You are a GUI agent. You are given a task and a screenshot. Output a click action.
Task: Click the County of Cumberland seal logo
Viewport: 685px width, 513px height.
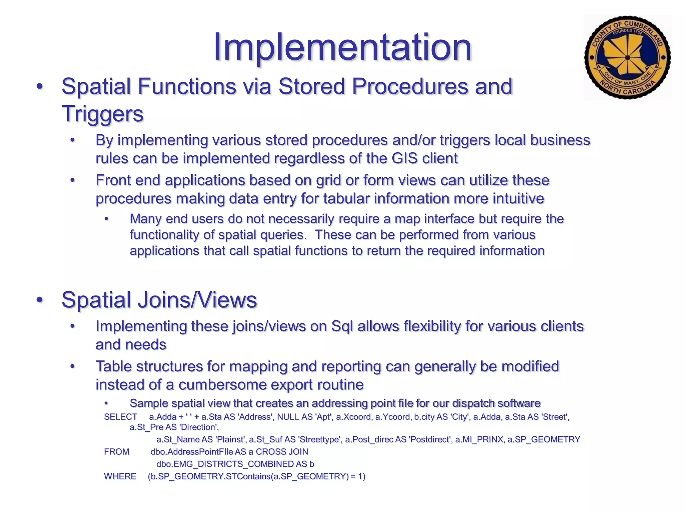(x=627, y=57)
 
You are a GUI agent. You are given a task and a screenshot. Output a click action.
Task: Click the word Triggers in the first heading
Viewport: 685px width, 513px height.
(x=102, y=114)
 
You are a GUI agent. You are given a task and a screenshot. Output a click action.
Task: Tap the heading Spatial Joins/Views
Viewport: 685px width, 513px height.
(x=159, y=300)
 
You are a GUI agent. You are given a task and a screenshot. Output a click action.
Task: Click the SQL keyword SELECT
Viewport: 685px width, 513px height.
(x=120, y=417)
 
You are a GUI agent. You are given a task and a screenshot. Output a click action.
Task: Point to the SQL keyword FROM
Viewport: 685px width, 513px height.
(x=116, y=452)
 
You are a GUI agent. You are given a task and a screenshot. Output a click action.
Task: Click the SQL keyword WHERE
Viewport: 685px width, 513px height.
(x=120, y=476)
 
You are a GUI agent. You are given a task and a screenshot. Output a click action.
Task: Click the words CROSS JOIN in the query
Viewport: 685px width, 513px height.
(x=282, y=452)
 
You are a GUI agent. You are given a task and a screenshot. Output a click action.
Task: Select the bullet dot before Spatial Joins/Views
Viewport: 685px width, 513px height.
(x=40, y=300)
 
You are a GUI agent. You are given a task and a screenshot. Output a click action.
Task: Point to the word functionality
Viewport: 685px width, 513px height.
(x=165, y=235)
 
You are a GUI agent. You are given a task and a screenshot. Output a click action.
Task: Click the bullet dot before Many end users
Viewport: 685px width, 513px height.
(x=106, y=219)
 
